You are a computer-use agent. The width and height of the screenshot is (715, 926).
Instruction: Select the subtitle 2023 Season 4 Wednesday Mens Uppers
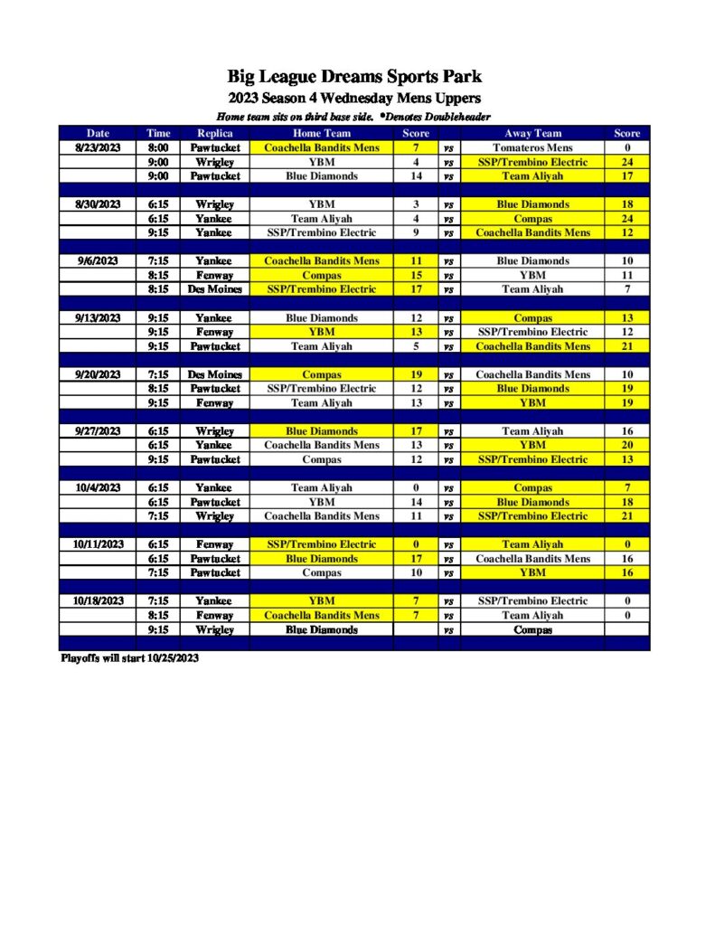[353, 98]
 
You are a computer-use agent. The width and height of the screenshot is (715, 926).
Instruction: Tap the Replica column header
[214, 133]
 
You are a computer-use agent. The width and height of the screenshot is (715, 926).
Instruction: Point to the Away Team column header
[532, 133]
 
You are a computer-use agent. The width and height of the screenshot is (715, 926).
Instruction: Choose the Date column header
[97, 133]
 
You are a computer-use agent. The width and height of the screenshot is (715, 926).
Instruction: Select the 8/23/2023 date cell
[97, 147]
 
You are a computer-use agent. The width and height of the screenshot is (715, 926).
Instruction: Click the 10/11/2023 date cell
[97, 544]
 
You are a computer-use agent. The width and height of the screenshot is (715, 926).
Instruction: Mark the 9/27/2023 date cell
[97, 431]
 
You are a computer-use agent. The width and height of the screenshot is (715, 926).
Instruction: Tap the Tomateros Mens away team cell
[532, 147]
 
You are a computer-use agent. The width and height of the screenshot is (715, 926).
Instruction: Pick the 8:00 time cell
[158, 147]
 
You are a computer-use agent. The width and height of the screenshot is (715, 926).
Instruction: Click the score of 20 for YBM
[626, 445]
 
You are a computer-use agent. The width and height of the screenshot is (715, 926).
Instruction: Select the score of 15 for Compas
[416, 275]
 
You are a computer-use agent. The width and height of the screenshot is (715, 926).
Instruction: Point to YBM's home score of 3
[416, 204]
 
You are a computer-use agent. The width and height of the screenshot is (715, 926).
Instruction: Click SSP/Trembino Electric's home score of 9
[416, 232]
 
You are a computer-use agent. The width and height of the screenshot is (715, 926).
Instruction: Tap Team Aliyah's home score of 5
[416, 346]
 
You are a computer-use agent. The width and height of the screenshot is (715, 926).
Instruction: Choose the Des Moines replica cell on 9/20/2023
[214, 374]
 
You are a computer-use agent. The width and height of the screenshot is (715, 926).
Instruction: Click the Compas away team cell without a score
[532, 629]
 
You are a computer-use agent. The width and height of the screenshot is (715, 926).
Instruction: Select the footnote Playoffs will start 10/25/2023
[129, 658]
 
